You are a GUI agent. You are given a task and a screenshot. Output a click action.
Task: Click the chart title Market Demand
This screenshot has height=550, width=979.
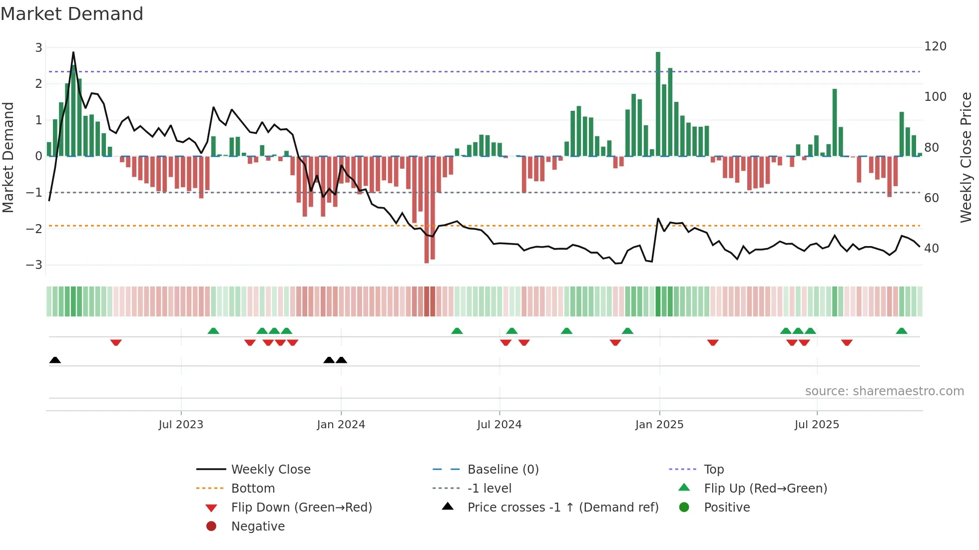point(72,14)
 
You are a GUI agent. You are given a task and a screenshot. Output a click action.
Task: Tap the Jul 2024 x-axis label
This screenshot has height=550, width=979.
point(499,425)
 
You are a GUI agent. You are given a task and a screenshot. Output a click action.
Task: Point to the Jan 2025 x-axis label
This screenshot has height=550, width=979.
point(659,425)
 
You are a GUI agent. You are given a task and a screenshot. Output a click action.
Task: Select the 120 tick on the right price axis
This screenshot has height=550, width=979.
point(935,46)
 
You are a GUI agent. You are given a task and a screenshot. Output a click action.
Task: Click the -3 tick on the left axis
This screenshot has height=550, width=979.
point(34,265)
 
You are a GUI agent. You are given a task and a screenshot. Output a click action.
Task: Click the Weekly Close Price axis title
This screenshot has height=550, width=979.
point(966,157)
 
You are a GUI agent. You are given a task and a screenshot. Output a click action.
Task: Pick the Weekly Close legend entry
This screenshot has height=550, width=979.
point(270,470)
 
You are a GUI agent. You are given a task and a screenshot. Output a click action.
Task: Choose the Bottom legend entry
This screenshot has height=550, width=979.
point(253,489)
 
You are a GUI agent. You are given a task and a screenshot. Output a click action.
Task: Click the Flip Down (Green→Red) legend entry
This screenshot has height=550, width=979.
point(301,508)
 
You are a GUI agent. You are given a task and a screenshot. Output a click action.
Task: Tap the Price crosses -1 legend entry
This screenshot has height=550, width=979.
point(562,508)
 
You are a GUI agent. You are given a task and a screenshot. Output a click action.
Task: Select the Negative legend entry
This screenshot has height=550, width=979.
point(258,527)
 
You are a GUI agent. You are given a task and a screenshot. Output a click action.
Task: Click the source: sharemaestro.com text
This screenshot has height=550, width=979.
point(884,391)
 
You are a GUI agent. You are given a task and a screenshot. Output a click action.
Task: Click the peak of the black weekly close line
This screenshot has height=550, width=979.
point(73,52)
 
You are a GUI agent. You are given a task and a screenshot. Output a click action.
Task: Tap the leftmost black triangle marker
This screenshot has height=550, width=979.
point(55,360)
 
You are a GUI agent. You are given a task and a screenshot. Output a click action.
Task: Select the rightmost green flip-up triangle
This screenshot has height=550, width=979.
point(902,331)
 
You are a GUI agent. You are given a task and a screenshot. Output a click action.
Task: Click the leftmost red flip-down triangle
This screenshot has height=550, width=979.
point(116,342)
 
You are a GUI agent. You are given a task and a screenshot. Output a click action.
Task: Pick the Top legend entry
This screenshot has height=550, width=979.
point(713,470)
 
